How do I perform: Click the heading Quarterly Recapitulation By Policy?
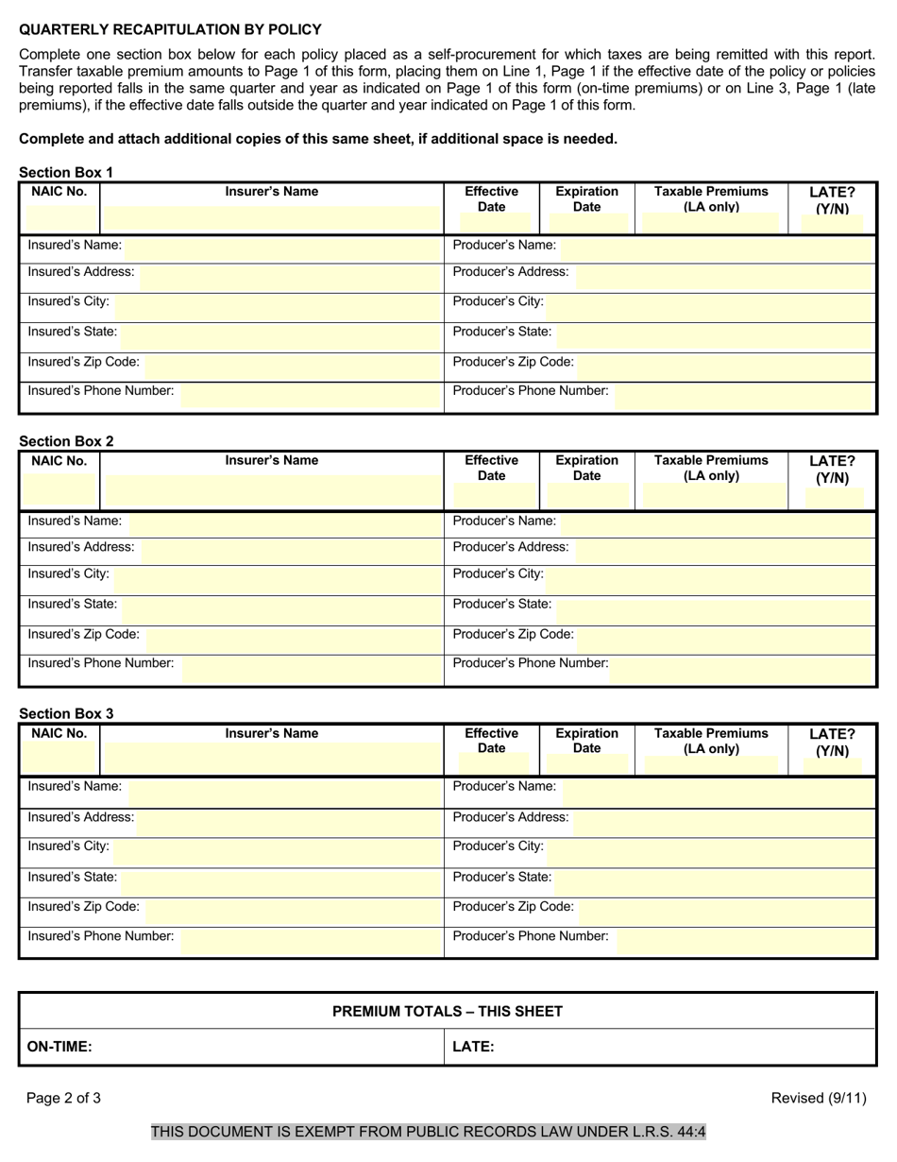click(170, 29)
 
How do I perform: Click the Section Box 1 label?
click(66, 172)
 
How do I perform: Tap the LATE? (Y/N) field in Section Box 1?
click(832, 225)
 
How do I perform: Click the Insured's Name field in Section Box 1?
click(283, 246)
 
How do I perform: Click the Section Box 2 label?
click(66, 441)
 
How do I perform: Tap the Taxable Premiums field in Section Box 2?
click(713, 496)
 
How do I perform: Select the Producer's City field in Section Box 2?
click(708, 575)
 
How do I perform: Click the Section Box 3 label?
click(66, 713)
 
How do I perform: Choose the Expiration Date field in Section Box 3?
click(586, 762)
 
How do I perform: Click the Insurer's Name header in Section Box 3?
click(272, 733)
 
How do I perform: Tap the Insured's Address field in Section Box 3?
click(288, 818)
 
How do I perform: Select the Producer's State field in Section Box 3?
click(713, 878)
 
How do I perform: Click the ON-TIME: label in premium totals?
click(59, 1047)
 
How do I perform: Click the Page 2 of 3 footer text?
click(63, 1098)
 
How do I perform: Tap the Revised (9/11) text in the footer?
click(818, 1098)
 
